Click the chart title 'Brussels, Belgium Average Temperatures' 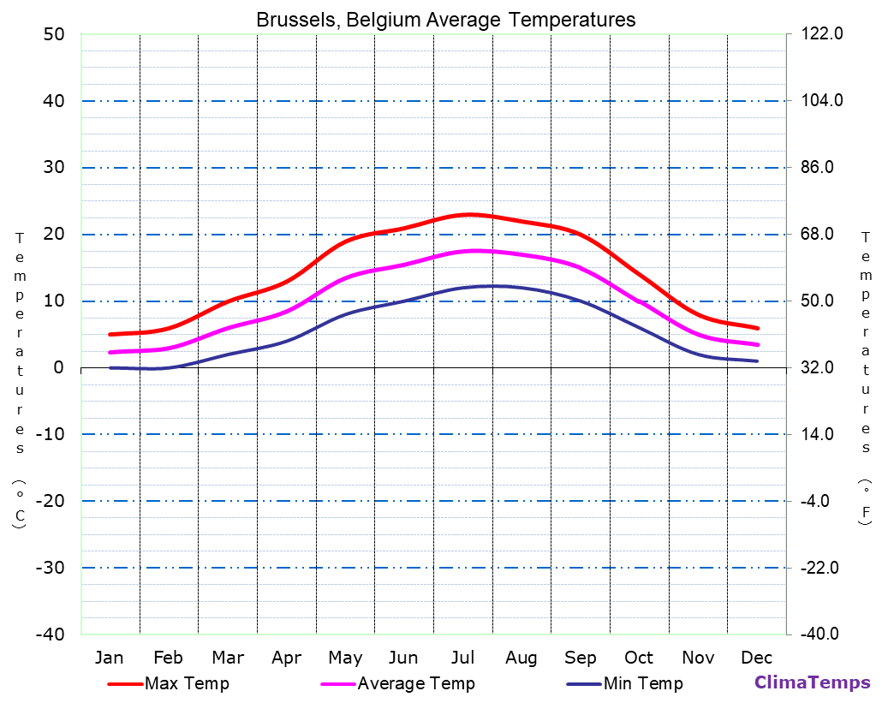445,20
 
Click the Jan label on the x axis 109,658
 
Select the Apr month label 286,658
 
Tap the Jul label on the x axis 462,658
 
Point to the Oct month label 639,658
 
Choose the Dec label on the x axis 756,658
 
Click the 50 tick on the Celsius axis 53,34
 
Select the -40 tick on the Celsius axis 49,634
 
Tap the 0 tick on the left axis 58,367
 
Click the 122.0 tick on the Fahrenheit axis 822,34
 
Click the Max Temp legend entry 187,683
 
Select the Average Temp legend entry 415,683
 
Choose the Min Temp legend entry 642,683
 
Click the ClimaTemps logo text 812,682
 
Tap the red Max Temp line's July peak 468,214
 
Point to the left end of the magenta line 110,353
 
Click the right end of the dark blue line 757,361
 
